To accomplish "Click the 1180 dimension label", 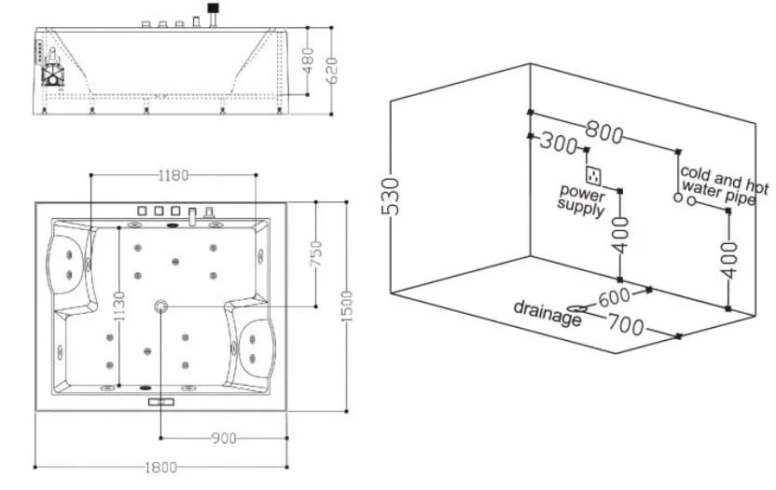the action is (x=173, y=175).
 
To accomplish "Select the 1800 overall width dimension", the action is (x=160, y=468).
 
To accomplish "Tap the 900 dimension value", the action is (x=224, y=438).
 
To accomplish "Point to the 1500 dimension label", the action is (x=347, y=306).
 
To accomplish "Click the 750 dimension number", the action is (x=316, y=253).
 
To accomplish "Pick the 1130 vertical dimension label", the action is (x=119, y=306).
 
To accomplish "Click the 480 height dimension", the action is (x=308, y=61).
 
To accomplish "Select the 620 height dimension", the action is (x=332, y=71).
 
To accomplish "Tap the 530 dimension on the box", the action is (x=391, y=197).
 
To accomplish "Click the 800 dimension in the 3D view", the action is (x=603, y=131).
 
